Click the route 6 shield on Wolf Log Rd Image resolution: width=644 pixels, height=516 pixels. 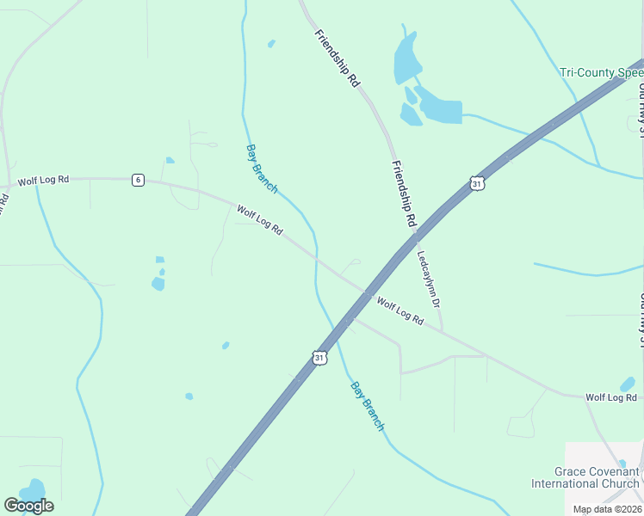point(138,180)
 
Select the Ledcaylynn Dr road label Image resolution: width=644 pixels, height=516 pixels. point(428,279)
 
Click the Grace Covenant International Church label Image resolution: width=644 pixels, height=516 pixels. point(598,477)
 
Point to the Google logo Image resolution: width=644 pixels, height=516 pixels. point(28,506)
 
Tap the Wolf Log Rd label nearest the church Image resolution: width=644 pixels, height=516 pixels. point(610,397)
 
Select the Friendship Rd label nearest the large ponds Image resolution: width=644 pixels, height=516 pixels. point(337,59)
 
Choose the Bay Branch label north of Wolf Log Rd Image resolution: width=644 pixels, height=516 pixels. point(262,169)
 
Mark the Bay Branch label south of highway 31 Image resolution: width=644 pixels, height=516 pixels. point(368,405)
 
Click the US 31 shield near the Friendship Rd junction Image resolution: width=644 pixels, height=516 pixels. point(477,183)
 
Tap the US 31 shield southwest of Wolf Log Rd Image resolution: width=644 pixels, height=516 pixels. point(319,357)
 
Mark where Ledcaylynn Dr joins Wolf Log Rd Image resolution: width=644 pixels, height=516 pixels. point(443,331)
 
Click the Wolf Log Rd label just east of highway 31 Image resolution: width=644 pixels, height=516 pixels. point(400,310)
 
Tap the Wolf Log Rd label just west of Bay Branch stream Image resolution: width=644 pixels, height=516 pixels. point(259,220)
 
